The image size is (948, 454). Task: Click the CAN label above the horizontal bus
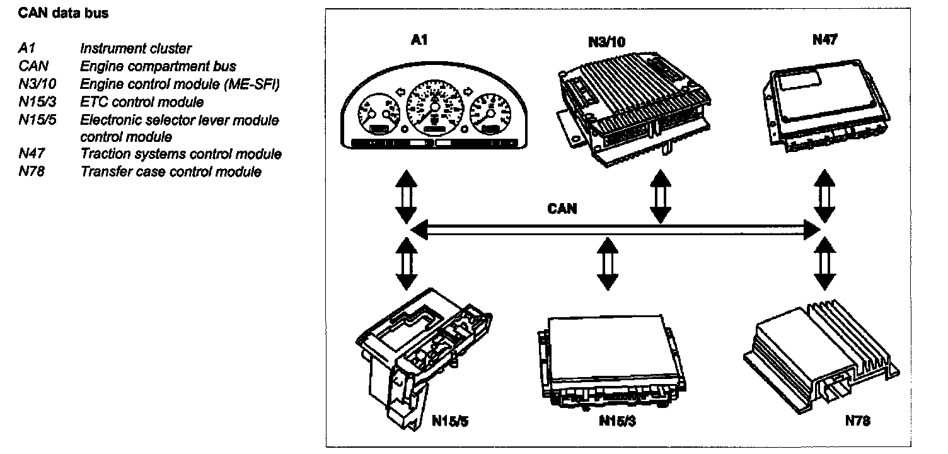(x=562, y=209)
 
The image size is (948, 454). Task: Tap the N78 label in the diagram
(x=858, y=421)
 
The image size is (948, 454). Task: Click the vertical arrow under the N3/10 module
(x=659, y=196)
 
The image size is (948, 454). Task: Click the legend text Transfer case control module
(x=170, y=172)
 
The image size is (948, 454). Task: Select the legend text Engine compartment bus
(x=158, y=66)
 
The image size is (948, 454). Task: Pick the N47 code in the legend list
(x=30, y=154)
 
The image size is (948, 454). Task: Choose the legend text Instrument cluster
(x=136, y=48)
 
